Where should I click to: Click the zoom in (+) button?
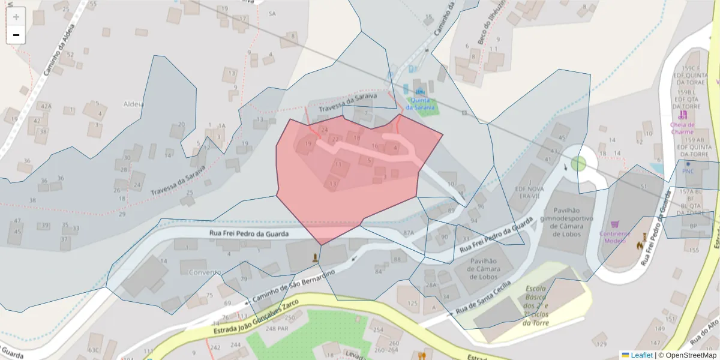[x=16, y=17]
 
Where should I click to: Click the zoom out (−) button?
[x=16, y=35]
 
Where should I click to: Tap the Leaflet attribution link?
[x=641, y=355]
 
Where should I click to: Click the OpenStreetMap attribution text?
[x=691, y=355]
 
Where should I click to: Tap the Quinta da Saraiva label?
[x=419, y=104]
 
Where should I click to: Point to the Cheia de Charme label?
[x=682, y=128]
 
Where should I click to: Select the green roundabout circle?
[x=578, y=163]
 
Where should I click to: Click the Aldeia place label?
[x=133, y=104]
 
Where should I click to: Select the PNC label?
[x=688, y=171]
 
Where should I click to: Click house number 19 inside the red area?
[x=308, y=144]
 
